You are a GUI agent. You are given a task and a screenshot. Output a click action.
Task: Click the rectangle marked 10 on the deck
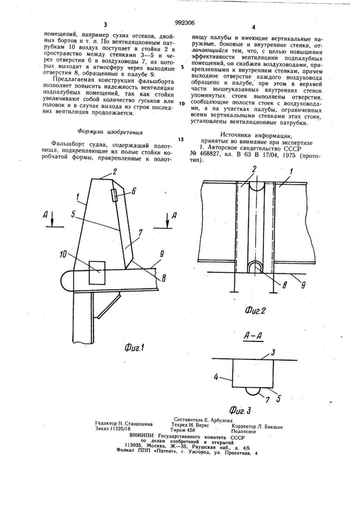click(x=97, y=273)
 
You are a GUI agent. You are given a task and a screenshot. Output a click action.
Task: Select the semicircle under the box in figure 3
click(x=253, y=391)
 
